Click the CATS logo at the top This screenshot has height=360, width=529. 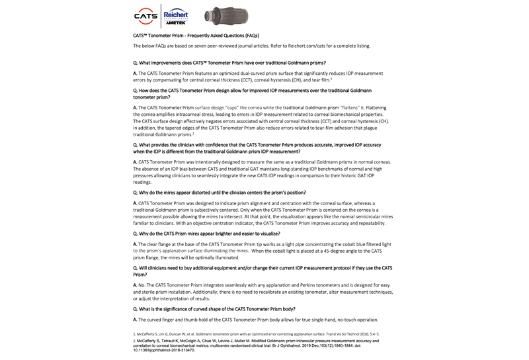[x=145, y=15]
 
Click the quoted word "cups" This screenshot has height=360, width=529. [x=232, y=107]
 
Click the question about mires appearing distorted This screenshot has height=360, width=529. [x=220, y=193]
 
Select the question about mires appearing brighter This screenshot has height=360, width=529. [x=206, y=234]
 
